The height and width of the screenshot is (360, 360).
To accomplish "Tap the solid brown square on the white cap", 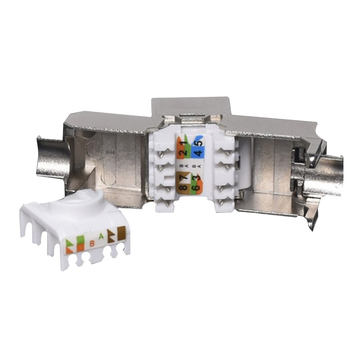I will (121, 230).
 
